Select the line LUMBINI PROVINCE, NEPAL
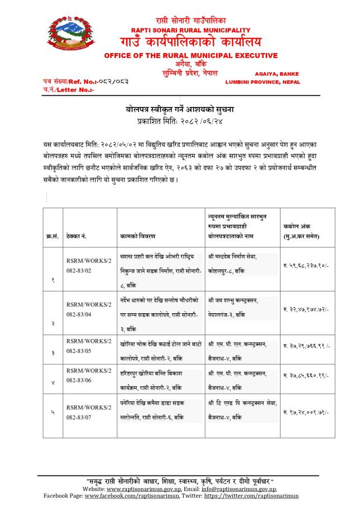point(263,82)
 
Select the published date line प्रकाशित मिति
point(180,120)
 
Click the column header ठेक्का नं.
point(76,236)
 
